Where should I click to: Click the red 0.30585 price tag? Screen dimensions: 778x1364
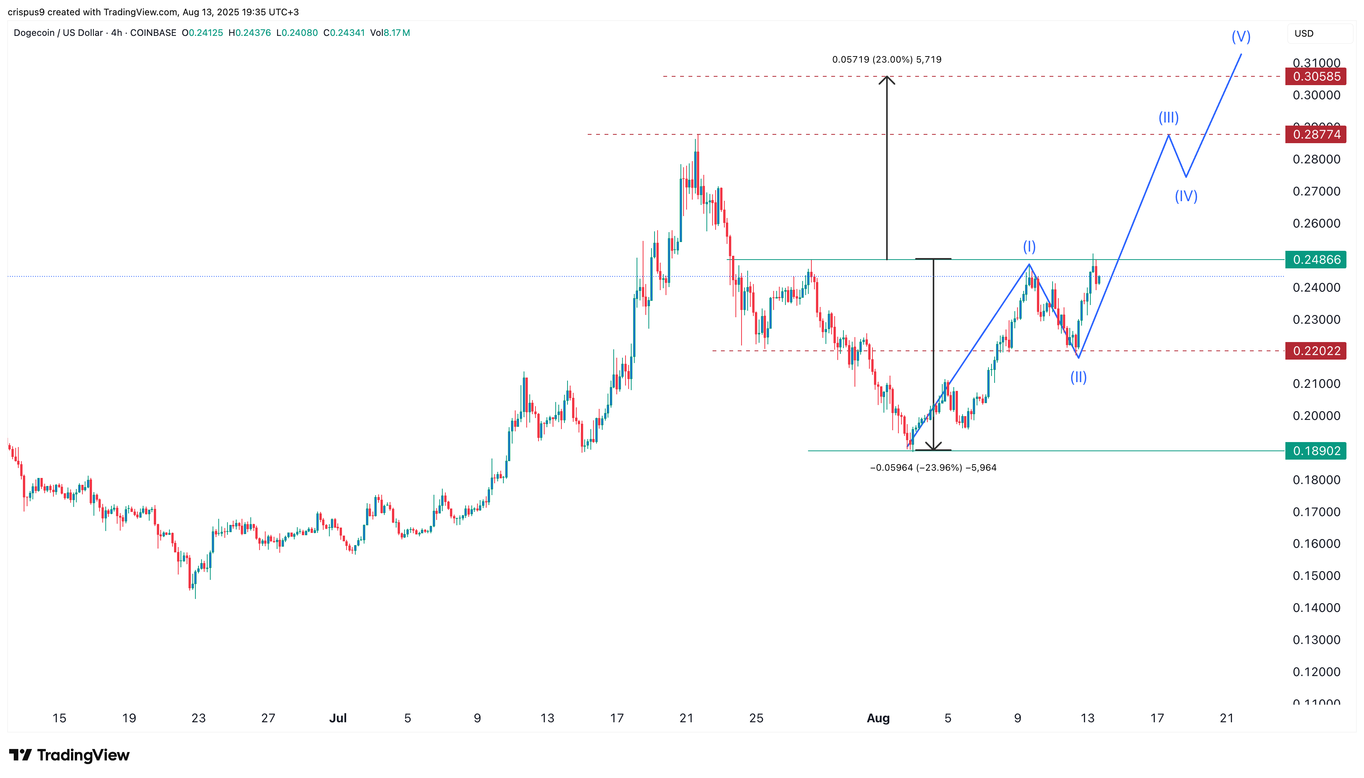point(1316,76)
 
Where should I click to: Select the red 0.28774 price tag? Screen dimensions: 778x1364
point(1316,134)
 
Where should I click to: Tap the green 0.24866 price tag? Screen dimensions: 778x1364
point(1316,260)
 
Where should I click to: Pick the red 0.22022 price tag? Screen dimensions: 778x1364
point(1316,351)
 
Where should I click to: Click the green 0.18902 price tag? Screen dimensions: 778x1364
point(1316,451)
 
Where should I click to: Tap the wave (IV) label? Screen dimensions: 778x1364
point(1186,196)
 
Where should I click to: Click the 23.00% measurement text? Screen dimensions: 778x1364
point(887,59)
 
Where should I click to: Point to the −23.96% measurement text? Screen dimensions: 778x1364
point(933,468)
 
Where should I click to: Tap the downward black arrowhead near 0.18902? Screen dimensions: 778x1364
point(933,446)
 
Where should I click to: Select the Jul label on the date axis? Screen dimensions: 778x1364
point(337,718)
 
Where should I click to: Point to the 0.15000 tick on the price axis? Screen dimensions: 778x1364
point(1316,576)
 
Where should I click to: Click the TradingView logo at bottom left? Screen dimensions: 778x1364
point(69,755)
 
